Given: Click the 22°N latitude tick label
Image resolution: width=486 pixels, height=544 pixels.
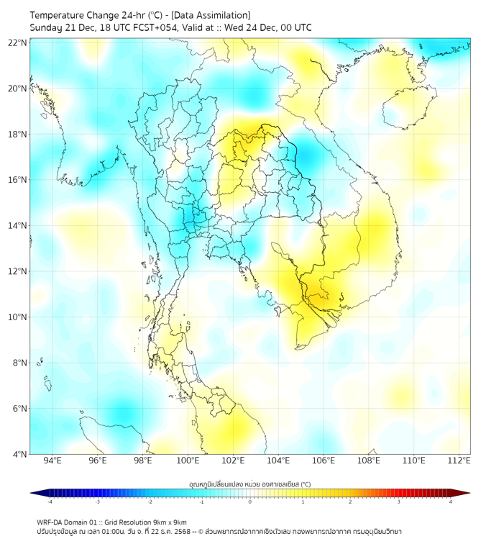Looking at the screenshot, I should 17,42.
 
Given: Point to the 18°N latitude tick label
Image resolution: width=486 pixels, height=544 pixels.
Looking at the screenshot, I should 17,135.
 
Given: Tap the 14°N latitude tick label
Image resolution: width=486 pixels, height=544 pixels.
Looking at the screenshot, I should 17,226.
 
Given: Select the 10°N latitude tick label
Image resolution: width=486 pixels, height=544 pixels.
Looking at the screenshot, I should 17,317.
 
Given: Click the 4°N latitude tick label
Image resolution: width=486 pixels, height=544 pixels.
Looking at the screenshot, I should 19,454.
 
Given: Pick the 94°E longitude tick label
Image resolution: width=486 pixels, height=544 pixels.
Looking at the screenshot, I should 52,461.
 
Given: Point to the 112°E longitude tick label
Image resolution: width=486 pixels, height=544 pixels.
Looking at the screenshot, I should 459,461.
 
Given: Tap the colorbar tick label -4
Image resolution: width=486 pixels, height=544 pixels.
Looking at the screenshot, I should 49,502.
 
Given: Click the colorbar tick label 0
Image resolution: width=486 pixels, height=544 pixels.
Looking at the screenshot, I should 250,502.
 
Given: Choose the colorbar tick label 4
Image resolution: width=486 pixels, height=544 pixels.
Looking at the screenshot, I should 451,502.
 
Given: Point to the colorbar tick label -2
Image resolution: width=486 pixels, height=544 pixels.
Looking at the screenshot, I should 150,502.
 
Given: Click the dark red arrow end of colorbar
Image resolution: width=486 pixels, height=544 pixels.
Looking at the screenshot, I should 465,493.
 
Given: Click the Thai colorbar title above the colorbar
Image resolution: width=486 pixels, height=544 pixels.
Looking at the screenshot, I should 249,484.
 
